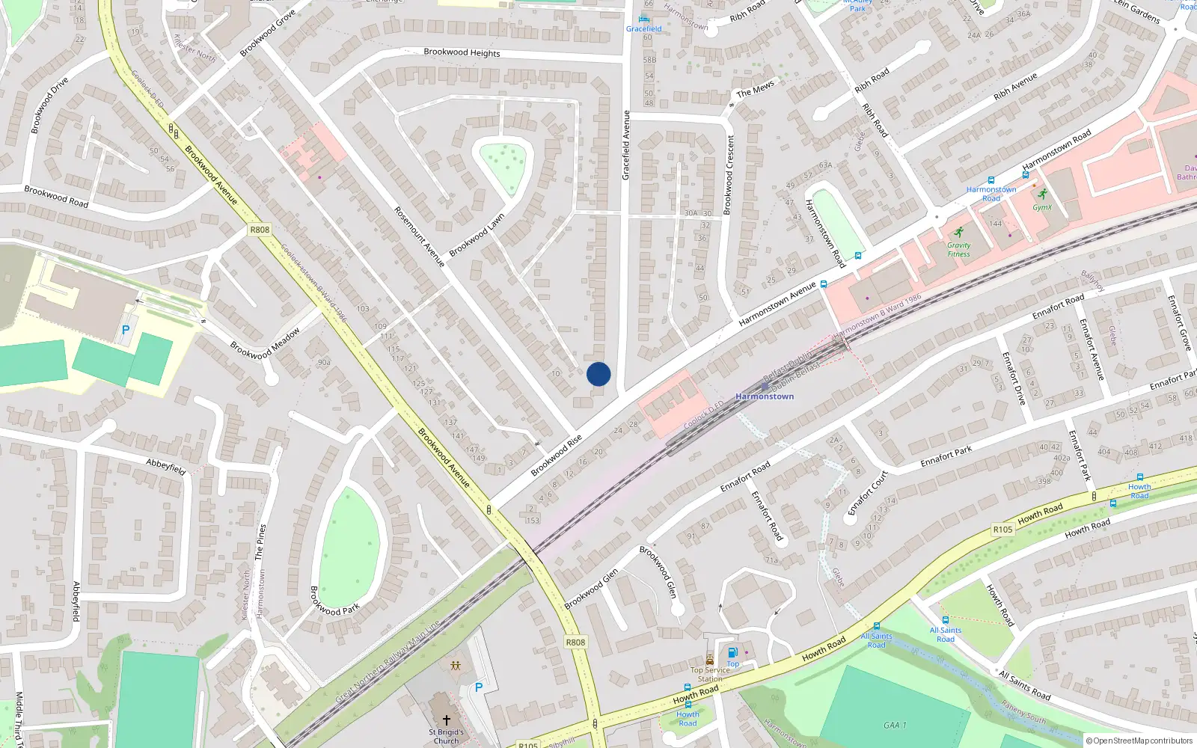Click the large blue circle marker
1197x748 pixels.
coord(598,374)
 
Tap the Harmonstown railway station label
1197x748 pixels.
coord(765,396)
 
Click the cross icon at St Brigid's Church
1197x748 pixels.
coord(447,720)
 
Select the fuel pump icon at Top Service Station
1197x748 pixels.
coord(732,652)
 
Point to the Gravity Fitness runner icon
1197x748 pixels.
coord(959,232)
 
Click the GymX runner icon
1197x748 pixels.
coord(1042,194)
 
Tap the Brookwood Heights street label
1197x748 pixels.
coord(462,52)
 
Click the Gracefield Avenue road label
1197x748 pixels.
coord(626,145)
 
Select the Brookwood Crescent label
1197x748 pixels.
coord(729,174)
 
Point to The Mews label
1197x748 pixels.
coord(756,90)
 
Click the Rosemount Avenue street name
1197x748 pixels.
coord(419,236)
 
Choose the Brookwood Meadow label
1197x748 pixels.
coord(265,343)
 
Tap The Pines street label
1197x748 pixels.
coord(260,542)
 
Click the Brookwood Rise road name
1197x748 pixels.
coord(556,455)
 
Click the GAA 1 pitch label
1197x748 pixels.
coord(895,725)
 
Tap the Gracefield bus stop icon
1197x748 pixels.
coord(643,19)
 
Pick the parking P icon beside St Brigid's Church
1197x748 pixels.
coord(479,687)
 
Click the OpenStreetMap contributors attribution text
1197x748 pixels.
coord(1139,741)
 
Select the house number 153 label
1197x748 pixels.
coord(532,520)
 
